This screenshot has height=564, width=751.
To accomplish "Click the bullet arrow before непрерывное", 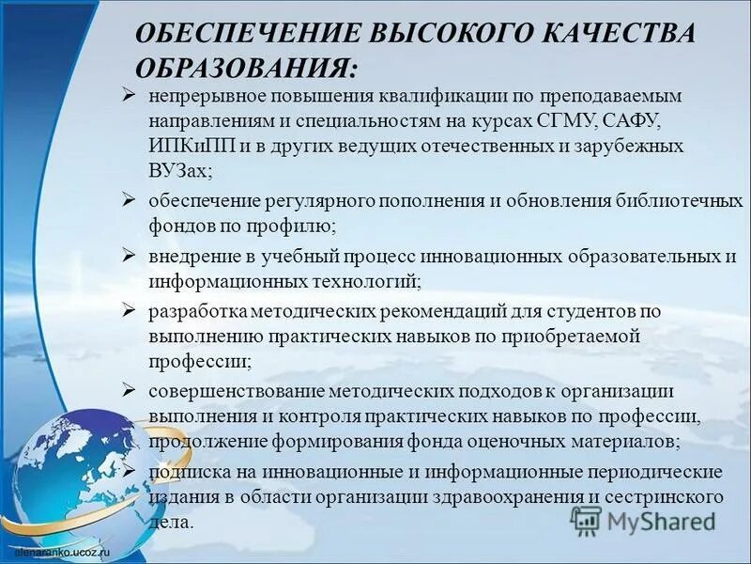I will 130,95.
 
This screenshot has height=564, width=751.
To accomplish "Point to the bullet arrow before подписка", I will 130,470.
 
